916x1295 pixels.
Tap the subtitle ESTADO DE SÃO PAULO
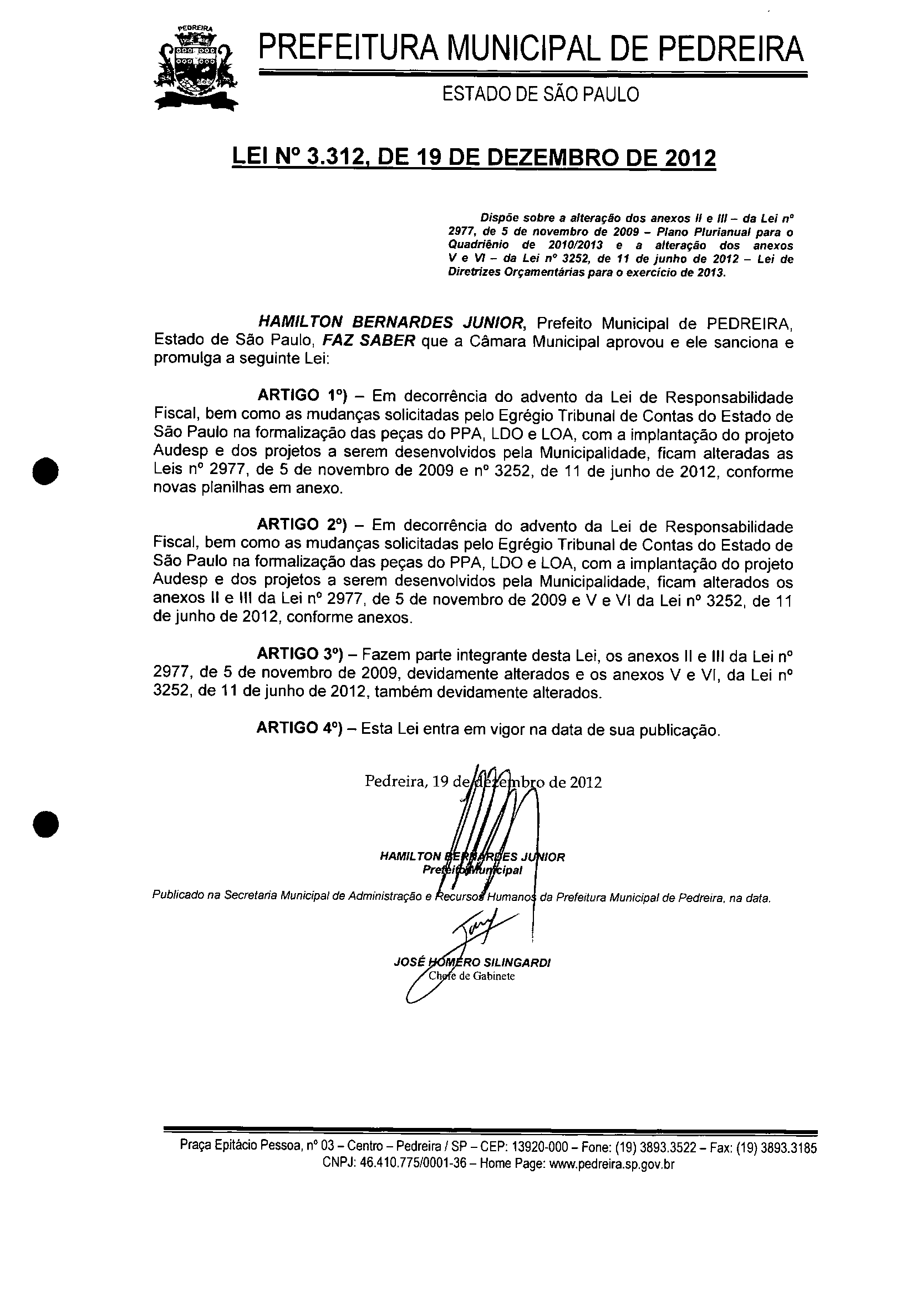tap(540, 94)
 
